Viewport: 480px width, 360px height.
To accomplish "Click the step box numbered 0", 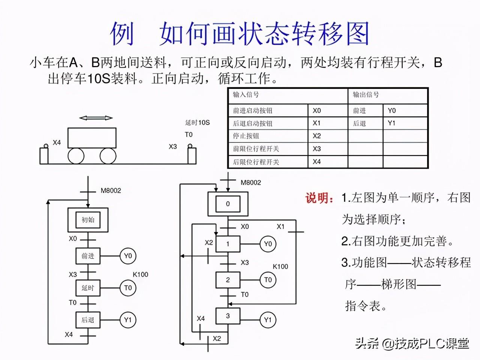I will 228,204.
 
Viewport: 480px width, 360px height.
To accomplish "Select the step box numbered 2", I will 228,280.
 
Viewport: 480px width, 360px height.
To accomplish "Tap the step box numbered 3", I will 228,316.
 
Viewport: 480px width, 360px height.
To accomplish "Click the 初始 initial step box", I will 88,220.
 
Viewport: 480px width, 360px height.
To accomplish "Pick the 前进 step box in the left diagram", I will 88,256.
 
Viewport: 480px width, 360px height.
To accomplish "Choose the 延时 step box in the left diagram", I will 88,288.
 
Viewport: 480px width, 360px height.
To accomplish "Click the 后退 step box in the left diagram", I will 88,320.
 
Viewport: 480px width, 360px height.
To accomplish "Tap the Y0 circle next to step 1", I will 268,244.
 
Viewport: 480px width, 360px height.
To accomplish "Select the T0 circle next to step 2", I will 268,280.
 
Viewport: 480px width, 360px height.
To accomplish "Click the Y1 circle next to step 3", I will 268,320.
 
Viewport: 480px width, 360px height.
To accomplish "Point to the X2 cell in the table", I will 317,136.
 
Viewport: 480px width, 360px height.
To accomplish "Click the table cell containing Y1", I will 391,123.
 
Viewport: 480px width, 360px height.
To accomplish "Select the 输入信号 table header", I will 246,95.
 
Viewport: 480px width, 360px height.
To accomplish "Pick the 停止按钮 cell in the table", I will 246,136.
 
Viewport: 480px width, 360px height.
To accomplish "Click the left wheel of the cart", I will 76,155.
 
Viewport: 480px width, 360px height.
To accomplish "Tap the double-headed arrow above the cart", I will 96,118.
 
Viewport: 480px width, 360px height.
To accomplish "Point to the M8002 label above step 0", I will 250,183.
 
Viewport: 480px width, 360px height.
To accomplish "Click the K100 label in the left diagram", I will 140,274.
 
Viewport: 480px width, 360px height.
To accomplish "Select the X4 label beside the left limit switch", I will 57,142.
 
